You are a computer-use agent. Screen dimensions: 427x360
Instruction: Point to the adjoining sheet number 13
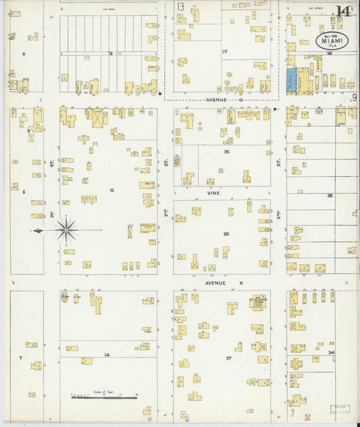point(180,7)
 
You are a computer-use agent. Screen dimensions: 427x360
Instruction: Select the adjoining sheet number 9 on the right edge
point(354,98)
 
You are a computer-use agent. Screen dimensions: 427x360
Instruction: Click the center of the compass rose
point(66,230)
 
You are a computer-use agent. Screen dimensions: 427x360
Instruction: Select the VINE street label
point(214,192)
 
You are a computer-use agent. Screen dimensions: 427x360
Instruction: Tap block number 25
point(226,51)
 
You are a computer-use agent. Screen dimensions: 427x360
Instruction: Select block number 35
point(330,195)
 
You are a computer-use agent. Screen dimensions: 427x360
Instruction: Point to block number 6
point(23,191)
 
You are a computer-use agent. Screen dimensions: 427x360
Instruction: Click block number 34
point(331,353)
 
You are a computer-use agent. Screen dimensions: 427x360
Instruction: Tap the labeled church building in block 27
point(257,303)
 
